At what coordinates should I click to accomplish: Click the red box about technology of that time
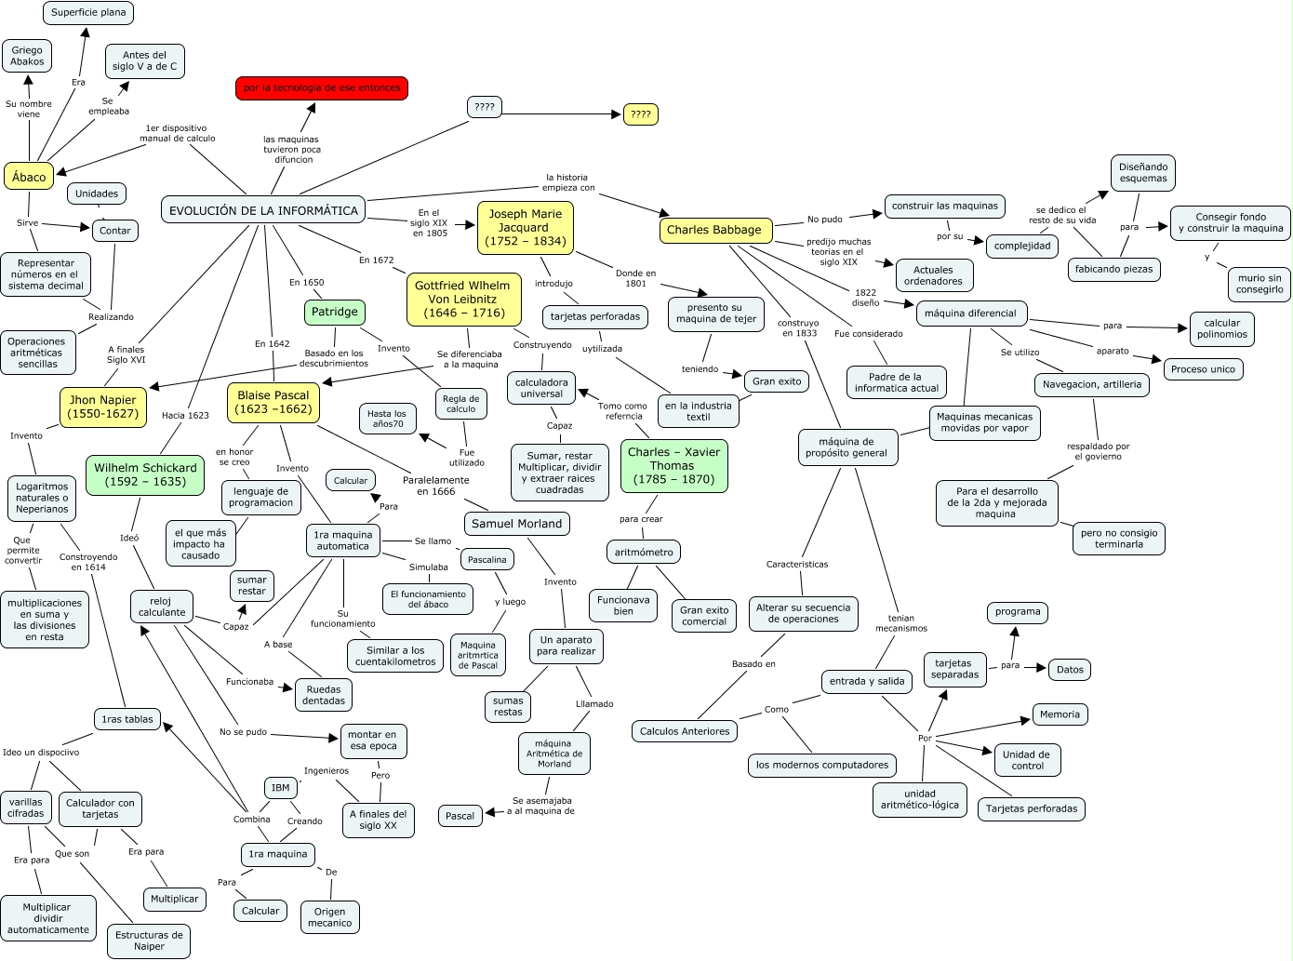click(x=322, y=88)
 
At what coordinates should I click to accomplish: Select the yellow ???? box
click(x=641, y=114)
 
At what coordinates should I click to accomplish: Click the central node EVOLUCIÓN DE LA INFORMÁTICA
click(x=263, y=210)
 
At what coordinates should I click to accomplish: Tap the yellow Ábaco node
click(x=29, y=177)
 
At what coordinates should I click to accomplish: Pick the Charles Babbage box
click(x=714, y=230)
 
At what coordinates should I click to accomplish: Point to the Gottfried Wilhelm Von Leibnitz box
click(x=463, y=300)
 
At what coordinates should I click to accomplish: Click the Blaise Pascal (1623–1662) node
click(x=273, y=402)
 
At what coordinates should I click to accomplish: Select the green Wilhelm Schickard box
click(x=145, y=474)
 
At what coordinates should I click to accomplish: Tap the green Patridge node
click(x=335, y=312)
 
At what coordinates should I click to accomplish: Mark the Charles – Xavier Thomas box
click(x=673, y=466)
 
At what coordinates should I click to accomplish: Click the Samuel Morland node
click(x=517, y=524)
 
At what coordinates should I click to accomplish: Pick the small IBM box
click(x=281, y=788)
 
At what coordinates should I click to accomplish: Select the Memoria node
click(x=1060, y=714)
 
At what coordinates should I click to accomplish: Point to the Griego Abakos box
click(x=27, y=56)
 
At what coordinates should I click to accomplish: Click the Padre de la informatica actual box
click(x=897, y=382)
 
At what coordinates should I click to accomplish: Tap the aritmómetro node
click(x=644, y=552)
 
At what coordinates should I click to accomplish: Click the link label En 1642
click(x=273, y=343)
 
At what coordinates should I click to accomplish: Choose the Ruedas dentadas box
click(x=324, y=695)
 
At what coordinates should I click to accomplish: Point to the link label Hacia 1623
click(x=185, y=415)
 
